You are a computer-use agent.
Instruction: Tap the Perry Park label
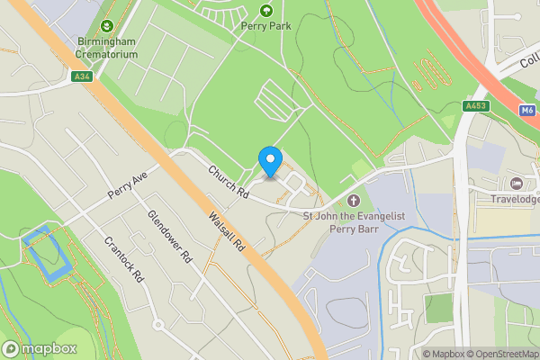[265, 26]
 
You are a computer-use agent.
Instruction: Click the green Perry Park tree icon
[265, 11]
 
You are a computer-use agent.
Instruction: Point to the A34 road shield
[83, 77]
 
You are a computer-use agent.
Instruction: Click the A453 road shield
[476, 106]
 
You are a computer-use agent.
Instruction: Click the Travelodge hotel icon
[517, 183]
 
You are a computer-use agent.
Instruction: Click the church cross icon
[353, 200]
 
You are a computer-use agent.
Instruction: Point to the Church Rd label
[229, 182]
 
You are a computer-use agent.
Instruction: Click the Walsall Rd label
[226, 231]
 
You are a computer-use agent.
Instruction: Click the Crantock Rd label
[124, 260]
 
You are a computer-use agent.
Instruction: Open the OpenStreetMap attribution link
[499, 354]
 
